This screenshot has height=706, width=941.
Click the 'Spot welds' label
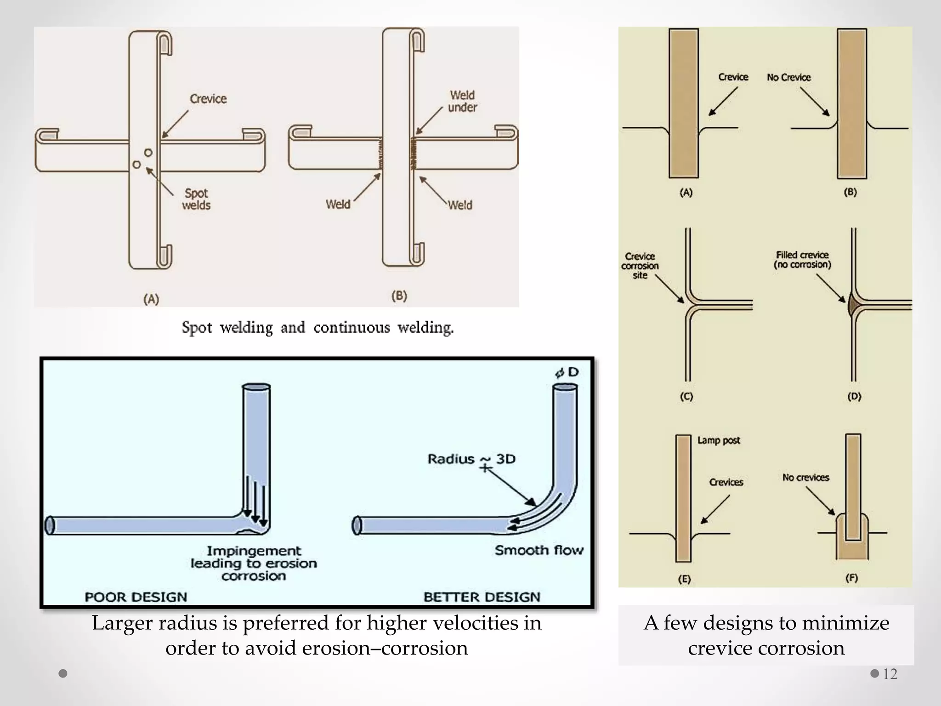click(196, 199)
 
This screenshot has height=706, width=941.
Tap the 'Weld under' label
click(462, 101)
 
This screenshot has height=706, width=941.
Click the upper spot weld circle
click(148, 152)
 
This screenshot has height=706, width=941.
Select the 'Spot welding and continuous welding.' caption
click(317, 328)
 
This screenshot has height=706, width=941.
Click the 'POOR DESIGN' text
click(136, 597)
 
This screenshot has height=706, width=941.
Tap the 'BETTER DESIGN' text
click(482, 597)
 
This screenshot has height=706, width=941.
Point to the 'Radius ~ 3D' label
click(471, 459)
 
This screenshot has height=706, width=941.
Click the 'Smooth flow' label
click(539, 550)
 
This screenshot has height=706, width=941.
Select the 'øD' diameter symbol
click(567, 372)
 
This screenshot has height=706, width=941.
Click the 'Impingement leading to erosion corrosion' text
click(254, 563)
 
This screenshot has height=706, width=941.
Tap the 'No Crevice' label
click(788, 77)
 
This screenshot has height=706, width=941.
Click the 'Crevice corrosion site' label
click(640, 266)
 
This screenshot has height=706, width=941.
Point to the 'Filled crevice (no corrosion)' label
click(802, 260)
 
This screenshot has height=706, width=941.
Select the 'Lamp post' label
click(719, 440)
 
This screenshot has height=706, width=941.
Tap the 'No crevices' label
click(805, 478)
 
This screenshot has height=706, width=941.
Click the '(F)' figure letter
click(851, 578)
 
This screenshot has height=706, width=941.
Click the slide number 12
click(890, 674)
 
